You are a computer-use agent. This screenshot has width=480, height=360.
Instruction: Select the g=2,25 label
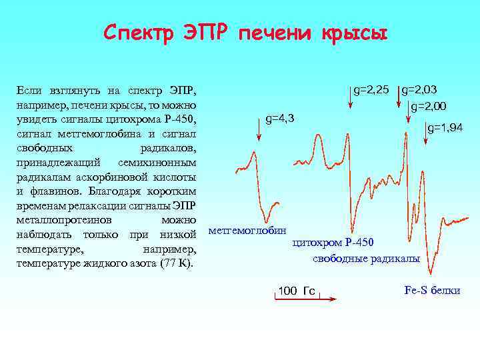click(x=371, y=89)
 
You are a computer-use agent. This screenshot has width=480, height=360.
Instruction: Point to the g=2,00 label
click(x=429, y=106)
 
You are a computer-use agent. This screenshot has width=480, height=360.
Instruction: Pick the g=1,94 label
click(x=445, y=127)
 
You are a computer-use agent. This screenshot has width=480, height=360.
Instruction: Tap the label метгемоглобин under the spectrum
click(x=247, y=231)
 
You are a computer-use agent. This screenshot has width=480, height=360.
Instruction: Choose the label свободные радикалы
click(x=366, y=258)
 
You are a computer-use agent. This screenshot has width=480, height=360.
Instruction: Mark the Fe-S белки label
click(x=432, y=291)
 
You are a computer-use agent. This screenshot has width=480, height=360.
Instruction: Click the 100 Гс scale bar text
click(x=297, y=291)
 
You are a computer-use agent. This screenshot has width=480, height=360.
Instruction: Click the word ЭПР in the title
click(x=197, y=33)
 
